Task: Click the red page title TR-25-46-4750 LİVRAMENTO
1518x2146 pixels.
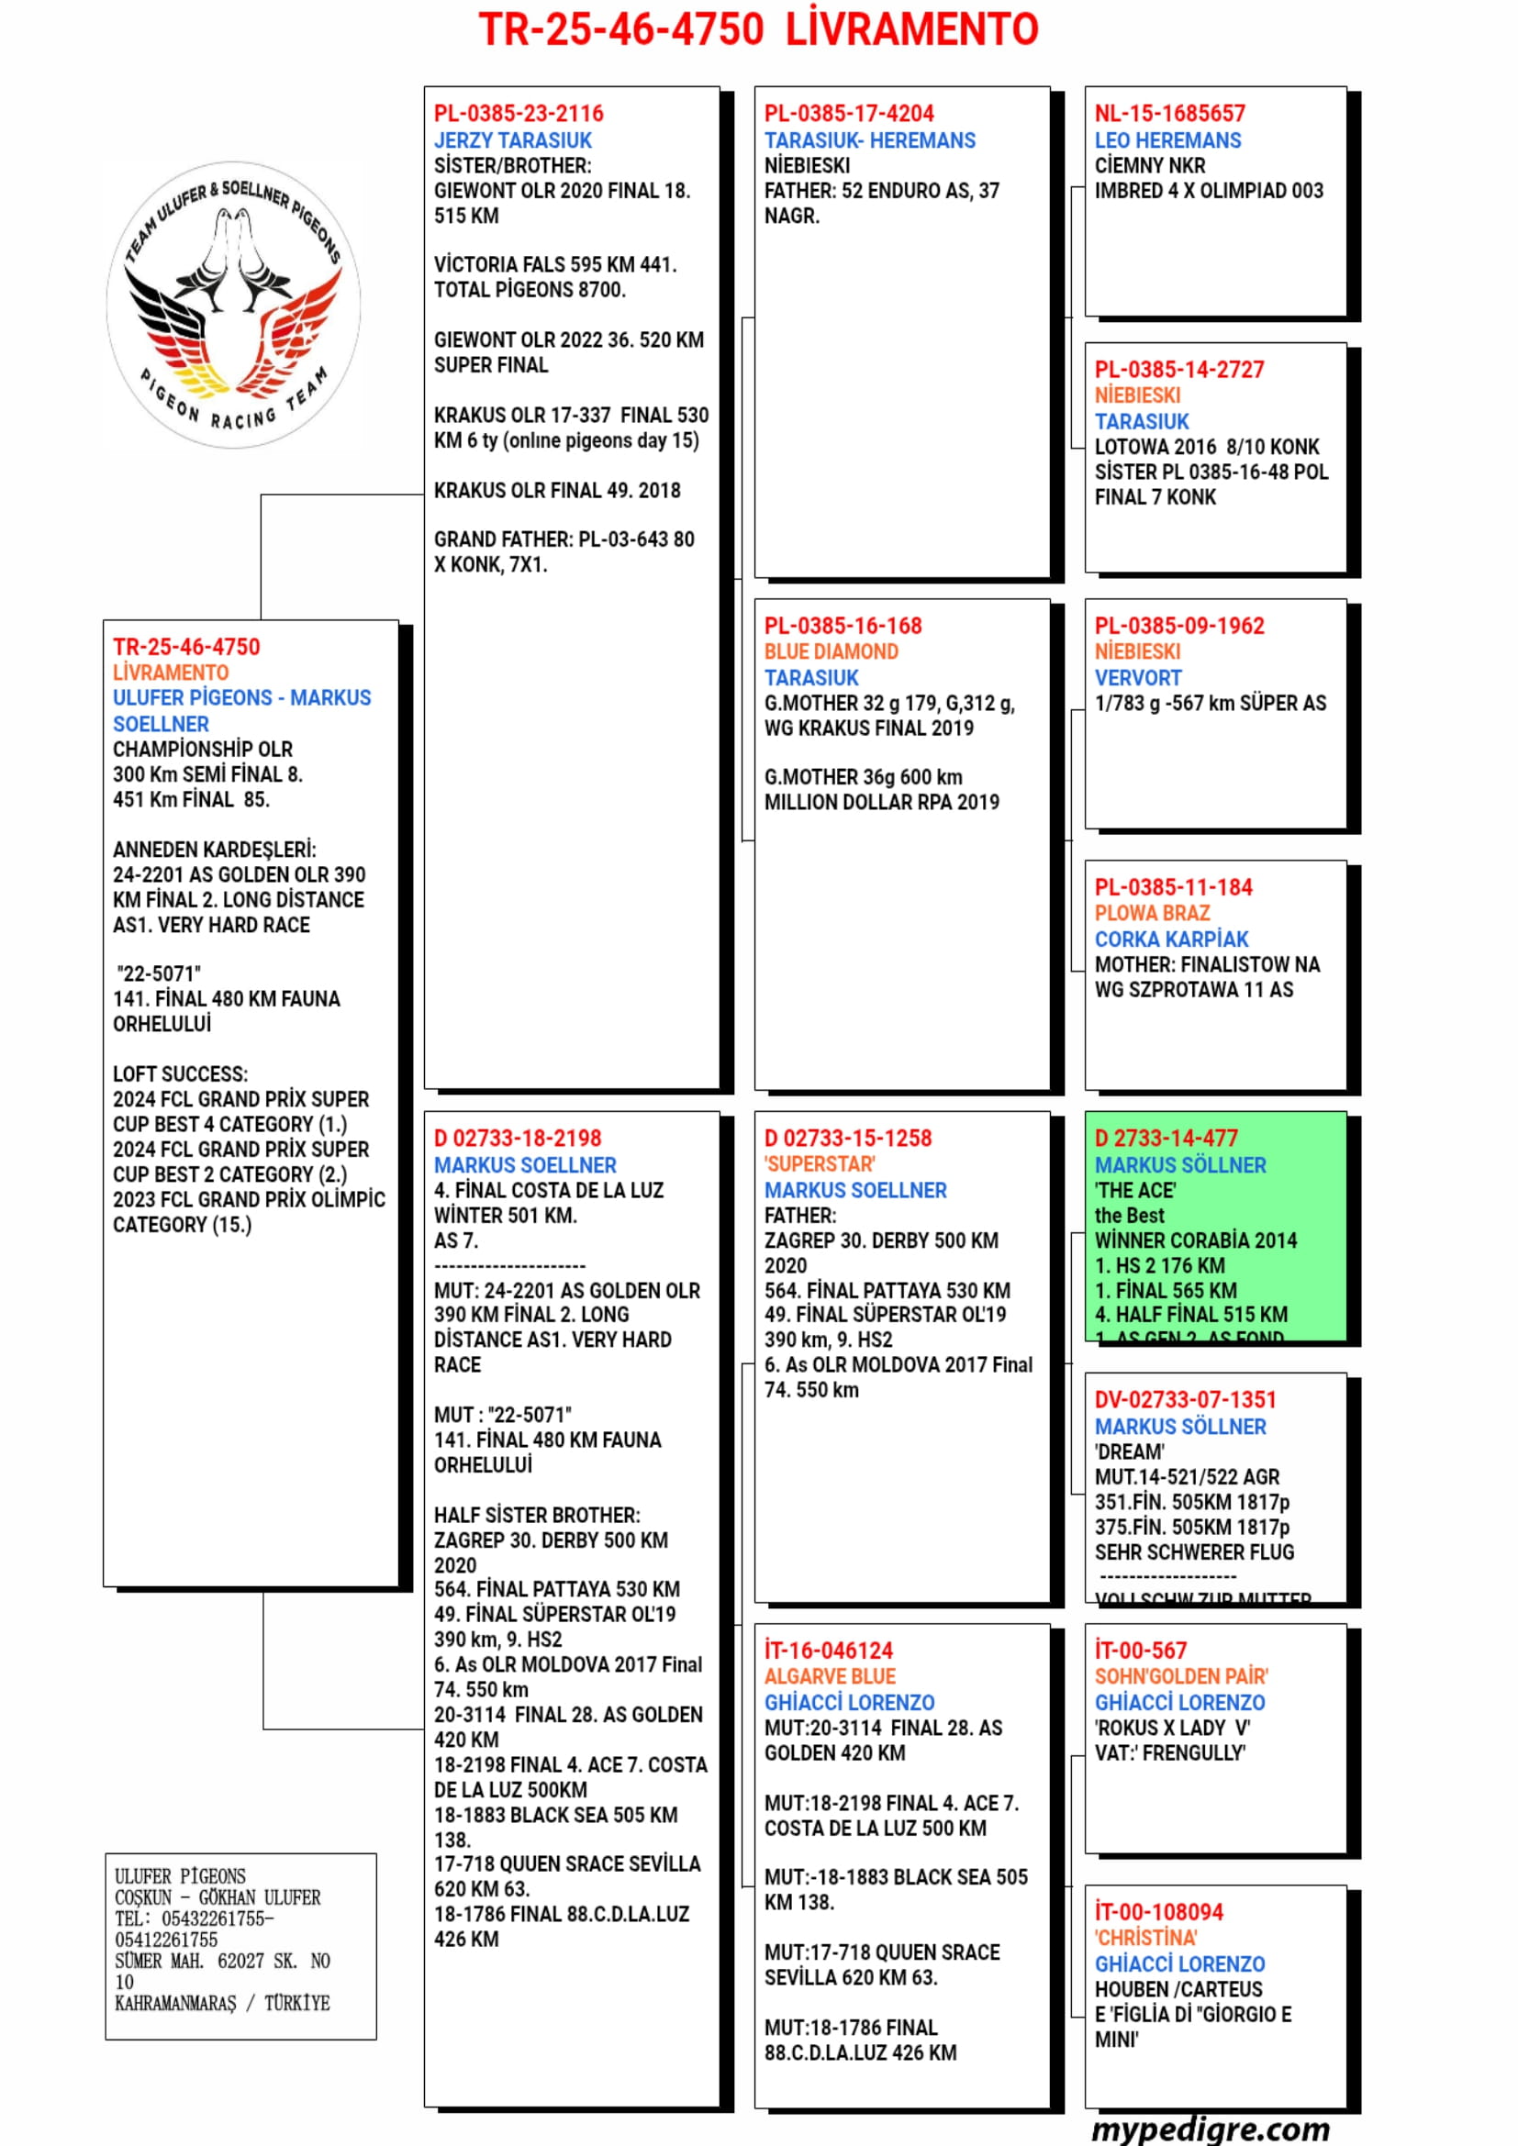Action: pos(758,30)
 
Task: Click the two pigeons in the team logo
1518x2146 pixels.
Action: pos(233,261)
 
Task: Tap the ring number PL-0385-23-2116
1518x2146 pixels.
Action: pos(518,114)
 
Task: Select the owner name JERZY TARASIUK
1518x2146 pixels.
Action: pos(512,140)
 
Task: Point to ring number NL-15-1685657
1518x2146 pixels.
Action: pos(1169,114)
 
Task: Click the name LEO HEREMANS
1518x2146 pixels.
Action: pos(1167,140)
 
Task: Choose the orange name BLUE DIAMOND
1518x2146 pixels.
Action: pos(831,651)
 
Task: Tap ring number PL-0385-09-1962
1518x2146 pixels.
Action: pos(1178,627)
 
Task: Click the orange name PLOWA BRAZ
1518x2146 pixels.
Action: pos(1152,913)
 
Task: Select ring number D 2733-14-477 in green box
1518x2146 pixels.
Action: pos(1166,1139)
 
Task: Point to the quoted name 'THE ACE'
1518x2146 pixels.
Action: pos(1134,1191)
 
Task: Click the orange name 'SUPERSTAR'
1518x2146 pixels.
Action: pos(820,1164)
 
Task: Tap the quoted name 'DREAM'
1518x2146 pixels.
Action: pos(1129,1452)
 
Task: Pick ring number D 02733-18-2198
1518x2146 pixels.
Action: pos(517,1139)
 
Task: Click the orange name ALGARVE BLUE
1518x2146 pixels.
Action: pos(829,1677)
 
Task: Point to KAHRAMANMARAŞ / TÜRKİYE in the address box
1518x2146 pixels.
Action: pos(221,2003)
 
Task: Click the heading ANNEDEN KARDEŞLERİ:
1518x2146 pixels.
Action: pos(214,850)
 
